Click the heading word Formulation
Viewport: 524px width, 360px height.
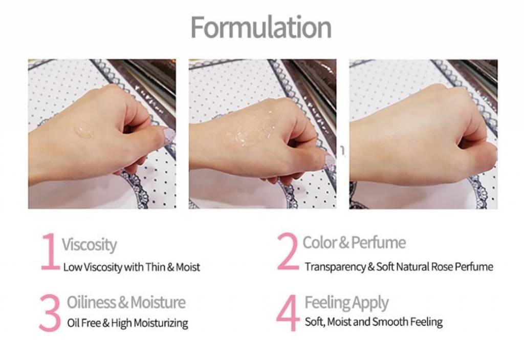[x=261, y=28]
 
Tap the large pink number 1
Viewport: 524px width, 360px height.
[x=50, y=252]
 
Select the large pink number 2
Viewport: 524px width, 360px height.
[x=288, y=251]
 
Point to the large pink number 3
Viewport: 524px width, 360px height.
[x=50, y=313]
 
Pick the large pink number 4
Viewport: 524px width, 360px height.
[x=288, y=313]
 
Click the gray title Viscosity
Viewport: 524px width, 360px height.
[x=89, y=245]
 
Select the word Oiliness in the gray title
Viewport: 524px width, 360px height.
[x=91, y=302]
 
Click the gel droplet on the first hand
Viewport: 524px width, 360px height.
[x=84, y=130]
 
